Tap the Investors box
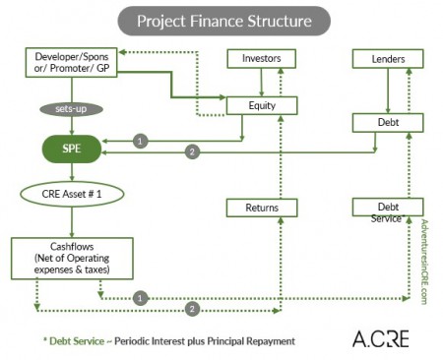pyautogui.click(x=254, y=59)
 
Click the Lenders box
pyautogui.click(x=387, y=59)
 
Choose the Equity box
pyautogui.click(x=254, y=105)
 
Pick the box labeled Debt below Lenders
pyautogui.click(x=387, y=122)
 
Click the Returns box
pyautogui.click(x=254, y=208)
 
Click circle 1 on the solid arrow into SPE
pyautogui.click(x=141, y=141)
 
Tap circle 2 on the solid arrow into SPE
pyautogui.click(x=193, y=151)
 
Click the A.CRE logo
pyautogui.click(x=379, y=339)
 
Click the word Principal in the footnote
pyautogui.click(x=219, y=341)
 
